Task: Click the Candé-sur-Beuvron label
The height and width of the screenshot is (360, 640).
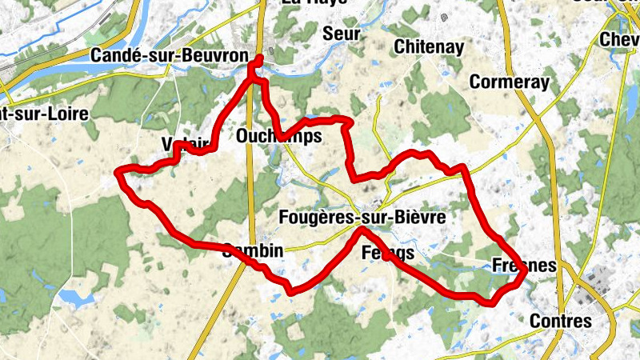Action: pos(158,55)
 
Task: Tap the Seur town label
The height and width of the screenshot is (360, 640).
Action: pos(342,33)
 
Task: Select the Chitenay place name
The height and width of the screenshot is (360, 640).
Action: pos(429,46)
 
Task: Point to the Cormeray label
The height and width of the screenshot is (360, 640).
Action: pos(510,82)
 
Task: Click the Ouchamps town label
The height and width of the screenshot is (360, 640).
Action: pos(278,137)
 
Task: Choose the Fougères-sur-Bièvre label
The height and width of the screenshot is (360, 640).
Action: pos(362,217)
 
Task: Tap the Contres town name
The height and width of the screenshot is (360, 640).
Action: pos(561,322)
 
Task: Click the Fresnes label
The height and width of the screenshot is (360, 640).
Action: pos(524,266)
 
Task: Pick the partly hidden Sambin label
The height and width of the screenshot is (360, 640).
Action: pos(254,250)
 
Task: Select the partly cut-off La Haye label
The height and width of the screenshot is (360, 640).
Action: pos(314,3)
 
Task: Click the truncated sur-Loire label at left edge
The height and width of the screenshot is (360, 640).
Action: pos(43,114)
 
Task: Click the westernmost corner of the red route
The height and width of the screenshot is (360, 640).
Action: pos(119,172)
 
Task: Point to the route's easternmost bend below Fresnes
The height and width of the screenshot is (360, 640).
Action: pos(526,274)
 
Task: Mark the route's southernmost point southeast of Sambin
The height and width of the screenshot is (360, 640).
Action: pos(290,291)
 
